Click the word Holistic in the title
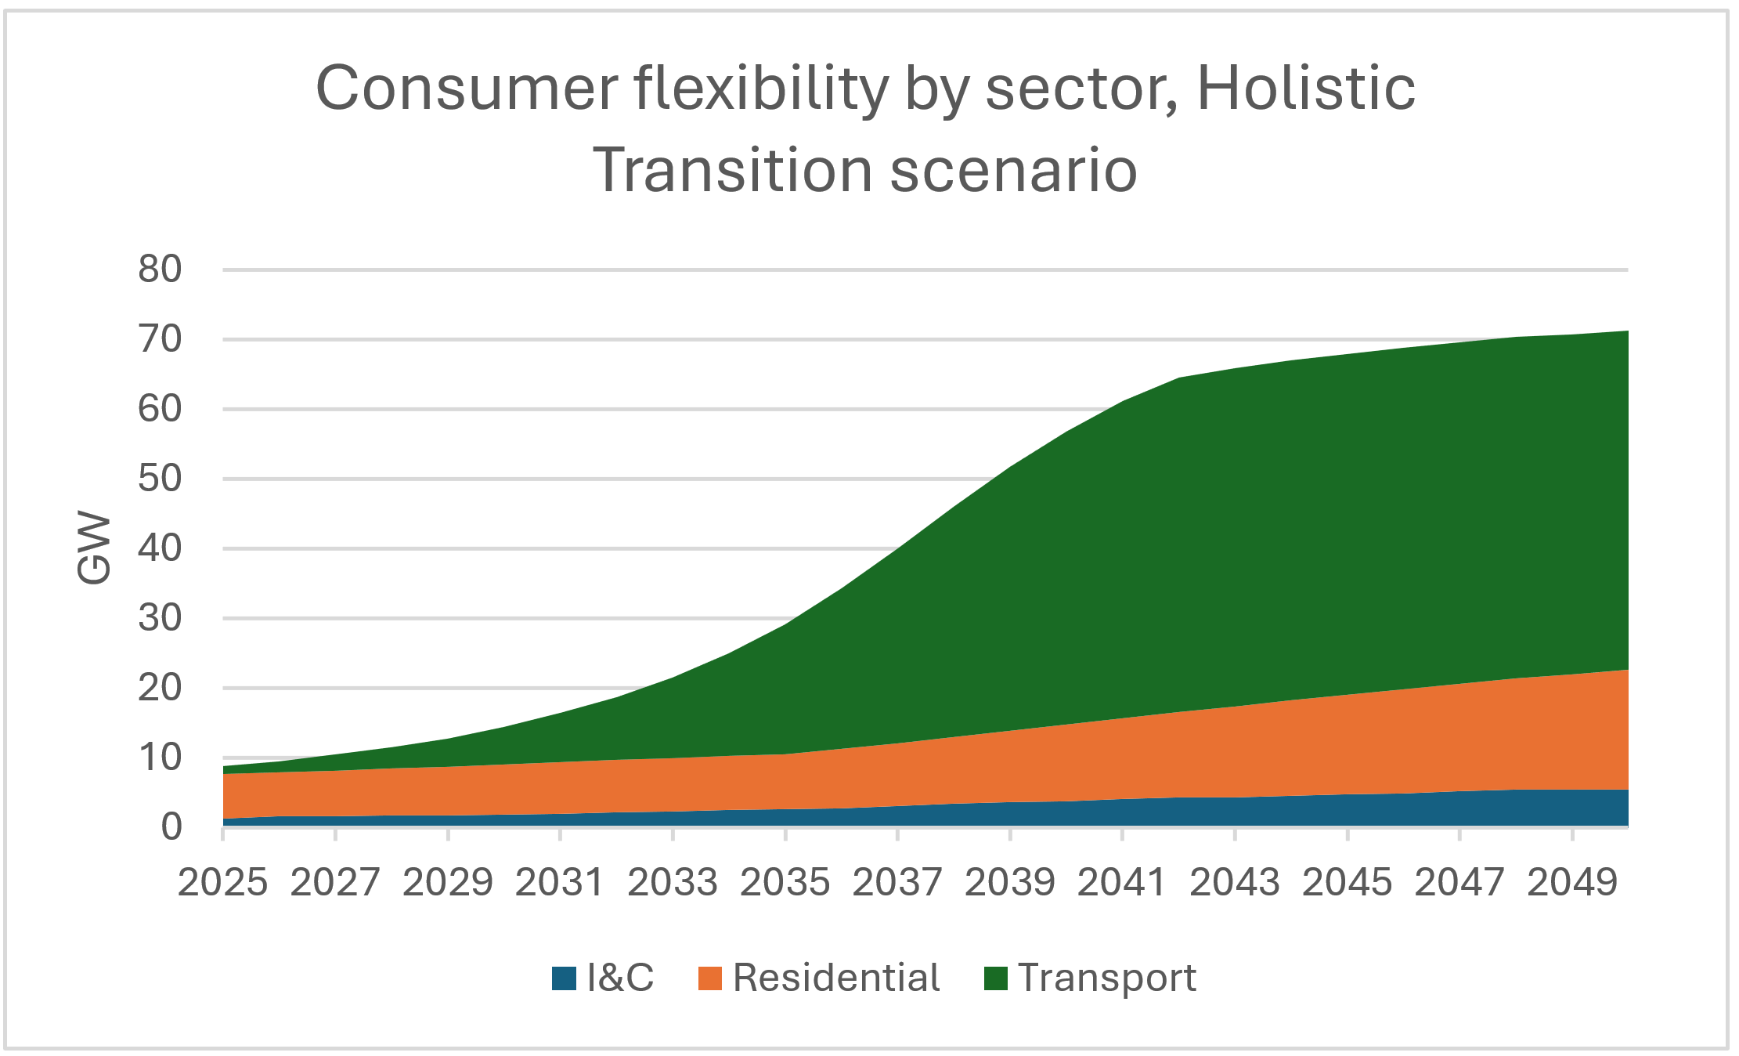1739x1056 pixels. point(1305,88)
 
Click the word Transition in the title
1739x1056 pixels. point(733,170)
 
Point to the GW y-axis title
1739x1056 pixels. point(94,548)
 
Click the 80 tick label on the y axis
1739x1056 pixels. point(160,269)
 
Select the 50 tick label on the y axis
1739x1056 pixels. point(160,479)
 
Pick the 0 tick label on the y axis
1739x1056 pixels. point(171,827)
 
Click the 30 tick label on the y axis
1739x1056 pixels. point(160,618)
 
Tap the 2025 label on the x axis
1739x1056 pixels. point(222,883)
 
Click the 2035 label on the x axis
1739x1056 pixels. point(785,883)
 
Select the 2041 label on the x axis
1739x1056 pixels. point(1122,883)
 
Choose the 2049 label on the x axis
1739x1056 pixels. point(1571,883)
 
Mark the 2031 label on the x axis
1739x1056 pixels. point(560,883)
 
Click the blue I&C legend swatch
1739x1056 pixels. point(564,978)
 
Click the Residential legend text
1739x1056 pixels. point(835,978)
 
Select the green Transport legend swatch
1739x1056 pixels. point(995,978)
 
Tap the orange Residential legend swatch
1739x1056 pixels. point(709,978)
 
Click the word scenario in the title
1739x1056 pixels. point(1013,170)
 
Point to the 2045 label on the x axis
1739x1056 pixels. point(1347,883)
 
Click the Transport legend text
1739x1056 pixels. point(1106,978)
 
